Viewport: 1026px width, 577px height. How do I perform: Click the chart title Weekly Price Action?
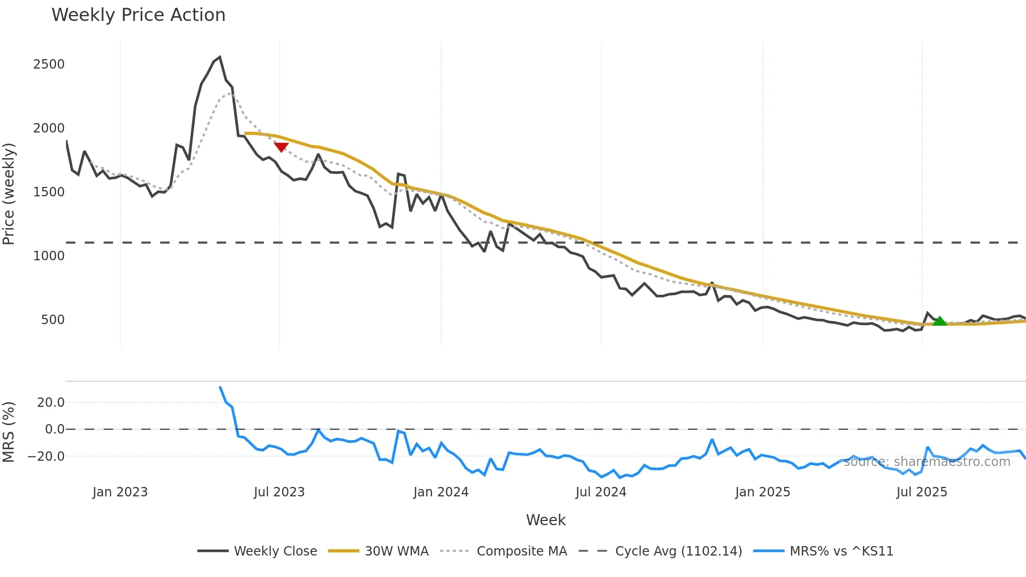138,15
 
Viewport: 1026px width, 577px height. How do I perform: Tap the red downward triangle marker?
281,147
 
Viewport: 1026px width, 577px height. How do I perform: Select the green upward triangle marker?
940,321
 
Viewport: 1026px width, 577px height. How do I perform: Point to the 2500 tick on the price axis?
49,64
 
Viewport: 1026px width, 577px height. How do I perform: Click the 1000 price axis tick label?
49,256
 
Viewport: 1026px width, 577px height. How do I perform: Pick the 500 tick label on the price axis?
53,320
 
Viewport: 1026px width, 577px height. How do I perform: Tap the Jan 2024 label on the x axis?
441,492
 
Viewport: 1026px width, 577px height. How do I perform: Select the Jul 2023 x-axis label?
279,492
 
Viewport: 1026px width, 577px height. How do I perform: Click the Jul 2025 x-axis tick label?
921,492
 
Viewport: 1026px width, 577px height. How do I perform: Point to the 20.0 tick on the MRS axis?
51,403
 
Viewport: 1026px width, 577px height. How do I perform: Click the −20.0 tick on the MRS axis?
46,457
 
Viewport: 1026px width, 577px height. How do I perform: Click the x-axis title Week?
545,520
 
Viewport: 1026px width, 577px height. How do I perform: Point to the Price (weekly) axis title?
9,194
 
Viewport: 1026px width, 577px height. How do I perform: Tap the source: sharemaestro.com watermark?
927,462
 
